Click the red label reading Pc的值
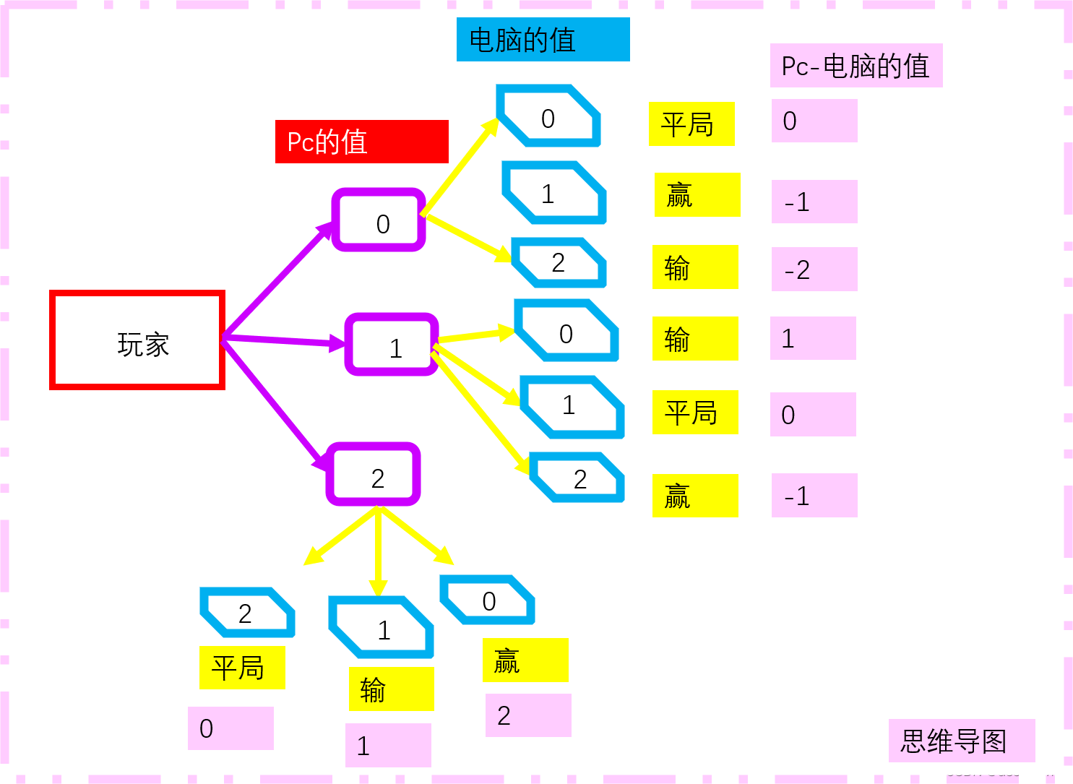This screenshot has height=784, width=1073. click(361, 142)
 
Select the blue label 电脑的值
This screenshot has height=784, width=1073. click(543, 40)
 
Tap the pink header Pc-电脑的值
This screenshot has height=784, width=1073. click(856, 66)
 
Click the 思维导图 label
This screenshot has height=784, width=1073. click(961, 741)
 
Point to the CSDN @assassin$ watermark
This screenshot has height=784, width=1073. click(1003, 770)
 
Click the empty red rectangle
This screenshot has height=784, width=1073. click(137, 340)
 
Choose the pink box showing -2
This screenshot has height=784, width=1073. click(814, 270)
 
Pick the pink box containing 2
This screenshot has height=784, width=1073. click(528, 715)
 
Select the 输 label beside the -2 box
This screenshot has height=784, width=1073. click(695, 267)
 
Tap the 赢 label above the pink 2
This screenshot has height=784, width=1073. click(525, 660)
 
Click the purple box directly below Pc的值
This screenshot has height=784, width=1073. click(379, 220)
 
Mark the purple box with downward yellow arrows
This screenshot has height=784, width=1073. click(373, 474)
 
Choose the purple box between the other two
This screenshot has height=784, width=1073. click(392, 344)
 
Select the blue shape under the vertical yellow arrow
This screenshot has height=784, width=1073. click(381, 626)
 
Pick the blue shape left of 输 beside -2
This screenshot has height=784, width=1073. click(559, 262)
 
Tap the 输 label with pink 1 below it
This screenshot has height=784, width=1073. click(391, 689)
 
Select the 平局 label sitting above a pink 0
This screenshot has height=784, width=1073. click(242, 668)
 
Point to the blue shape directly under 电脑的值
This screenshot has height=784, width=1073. click(548, 116)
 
